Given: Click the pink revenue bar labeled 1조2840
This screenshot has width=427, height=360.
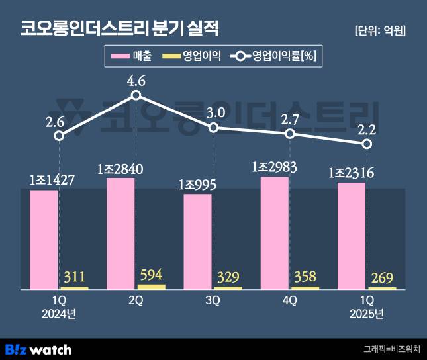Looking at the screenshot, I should [120, 233].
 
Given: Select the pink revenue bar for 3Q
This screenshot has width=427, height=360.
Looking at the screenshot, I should [197, 242].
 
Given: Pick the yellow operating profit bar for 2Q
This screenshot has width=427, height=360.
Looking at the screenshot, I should [152, 287].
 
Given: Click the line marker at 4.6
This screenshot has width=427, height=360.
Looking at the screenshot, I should [136, 95].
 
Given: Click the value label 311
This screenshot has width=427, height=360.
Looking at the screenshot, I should [74, 276].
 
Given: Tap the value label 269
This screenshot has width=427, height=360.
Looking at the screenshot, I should [383, 277].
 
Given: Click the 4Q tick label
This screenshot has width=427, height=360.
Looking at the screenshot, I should [289, 300].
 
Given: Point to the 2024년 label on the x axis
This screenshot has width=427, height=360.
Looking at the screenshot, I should [59, 314].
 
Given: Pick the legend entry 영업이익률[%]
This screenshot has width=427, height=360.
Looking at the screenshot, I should [272, 57].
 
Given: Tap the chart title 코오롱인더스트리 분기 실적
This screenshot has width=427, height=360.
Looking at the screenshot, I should [119, 29].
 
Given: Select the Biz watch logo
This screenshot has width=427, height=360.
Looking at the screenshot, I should [38, 349].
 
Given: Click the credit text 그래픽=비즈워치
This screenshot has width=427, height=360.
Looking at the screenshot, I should [391, 349].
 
